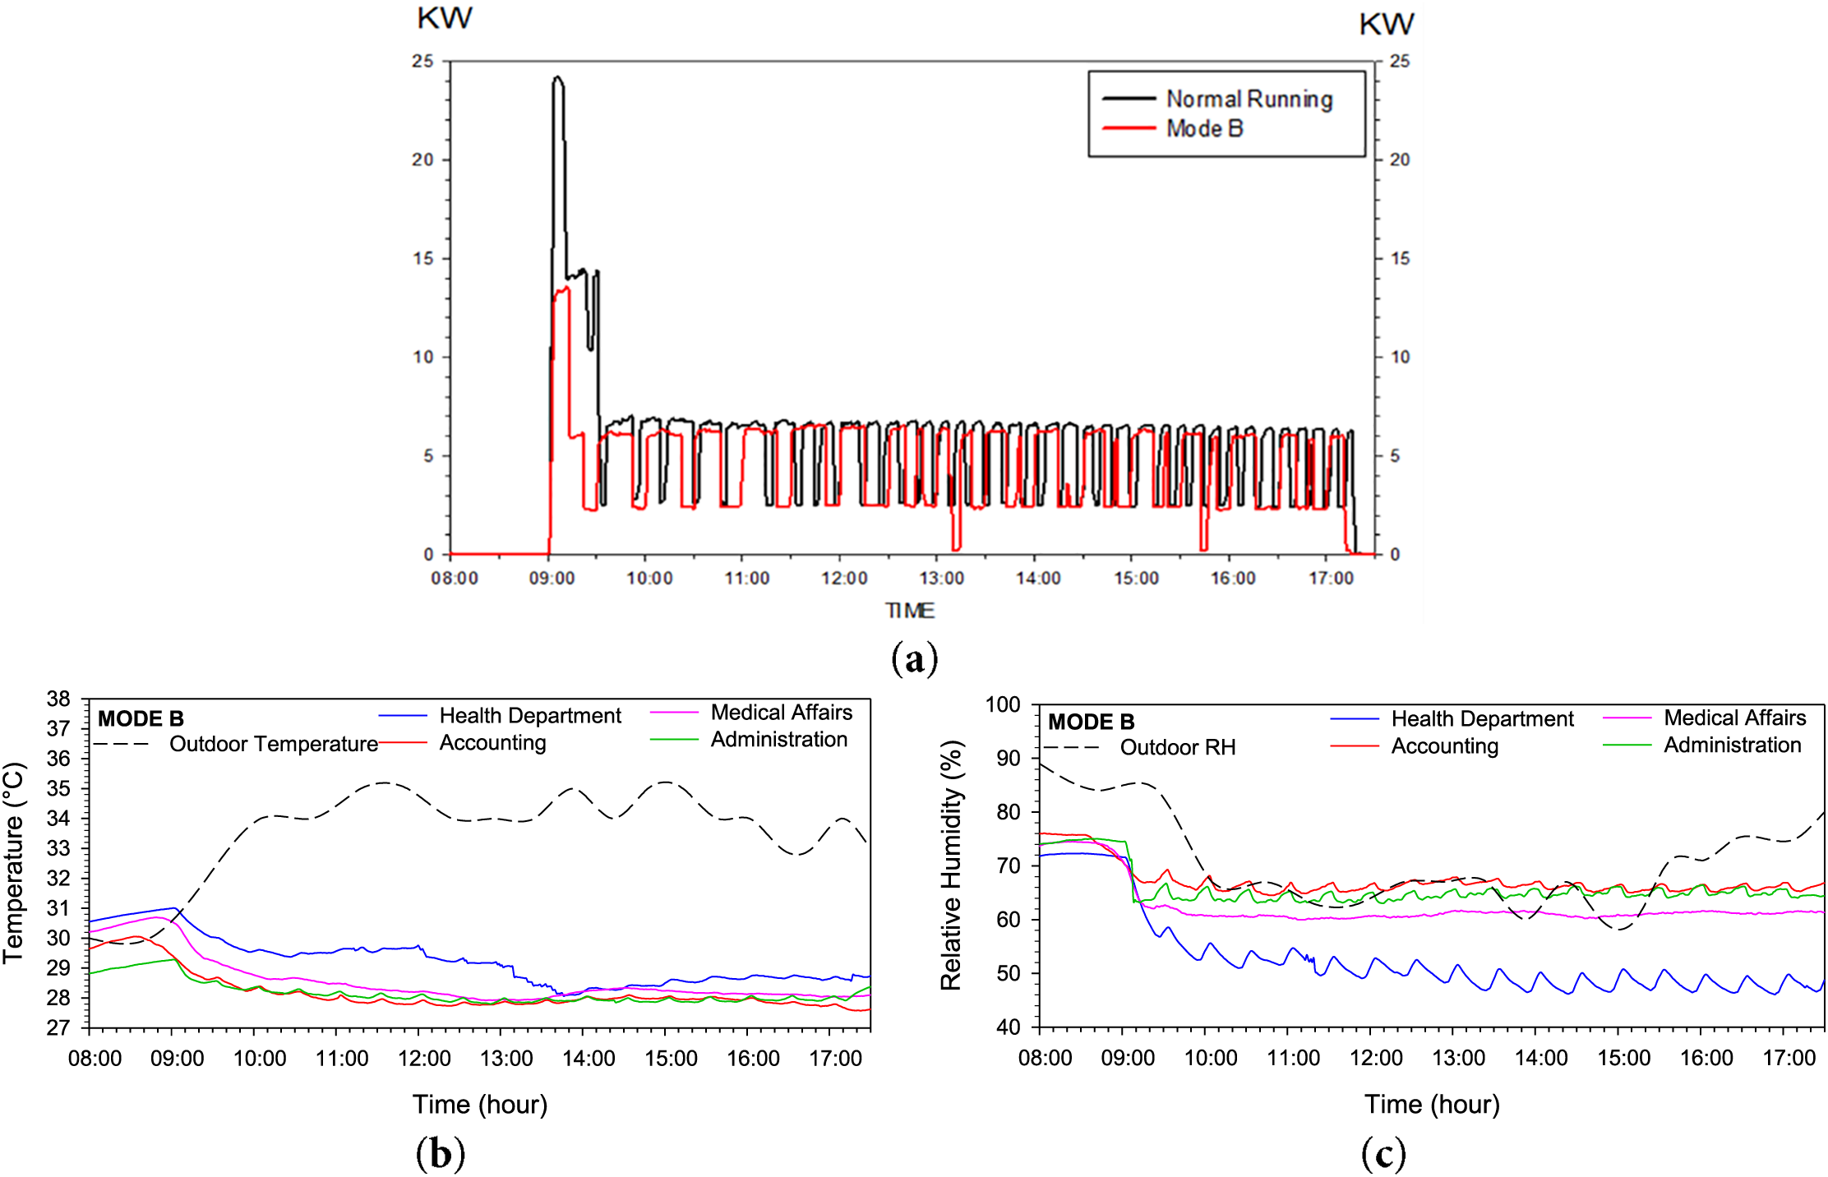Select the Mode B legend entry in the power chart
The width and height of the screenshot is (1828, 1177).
[1204, 129]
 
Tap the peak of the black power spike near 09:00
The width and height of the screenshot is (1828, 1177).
[558, 78]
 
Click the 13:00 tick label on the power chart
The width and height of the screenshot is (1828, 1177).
[941, 579]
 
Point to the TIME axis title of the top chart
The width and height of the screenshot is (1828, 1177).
[910, 611]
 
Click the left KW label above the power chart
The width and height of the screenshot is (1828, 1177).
[444, 19]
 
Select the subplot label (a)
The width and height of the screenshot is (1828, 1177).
[914, 659]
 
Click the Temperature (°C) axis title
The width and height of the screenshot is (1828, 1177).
[15, 863]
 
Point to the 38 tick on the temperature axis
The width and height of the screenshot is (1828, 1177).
[58, 699]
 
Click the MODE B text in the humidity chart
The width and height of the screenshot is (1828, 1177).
[1091, 722]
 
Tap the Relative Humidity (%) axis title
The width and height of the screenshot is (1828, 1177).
[951, 865]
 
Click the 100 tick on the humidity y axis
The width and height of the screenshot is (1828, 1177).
[1003, 705]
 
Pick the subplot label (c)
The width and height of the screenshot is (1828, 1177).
[1383, 1154]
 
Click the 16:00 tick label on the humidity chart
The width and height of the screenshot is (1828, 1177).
[1706, 1058]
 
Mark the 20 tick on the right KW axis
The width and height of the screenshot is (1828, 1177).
[1400, 159]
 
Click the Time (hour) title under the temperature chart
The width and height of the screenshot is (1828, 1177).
[480, 1105]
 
